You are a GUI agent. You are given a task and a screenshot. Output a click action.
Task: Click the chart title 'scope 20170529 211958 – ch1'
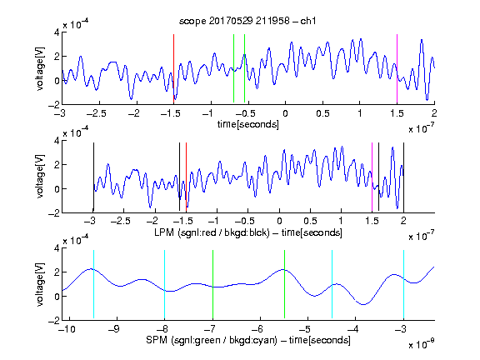247,21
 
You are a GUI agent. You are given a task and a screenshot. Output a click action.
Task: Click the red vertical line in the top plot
174,68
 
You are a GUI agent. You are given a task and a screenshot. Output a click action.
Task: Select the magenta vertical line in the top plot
397,68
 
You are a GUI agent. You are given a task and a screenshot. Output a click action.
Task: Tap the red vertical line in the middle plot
186,177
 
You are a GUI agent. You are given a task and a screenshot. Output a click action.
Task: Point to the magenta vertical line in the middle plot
372,177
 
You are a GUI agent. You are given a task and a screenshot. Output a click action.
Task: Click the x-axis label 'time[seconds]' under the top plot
248,124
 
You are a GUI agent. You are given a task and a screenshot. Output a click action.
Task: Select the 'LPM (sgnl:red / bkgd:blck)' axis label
212,232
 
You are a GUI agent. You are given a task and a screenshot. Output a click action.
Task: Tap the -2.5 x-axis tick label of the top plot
96,113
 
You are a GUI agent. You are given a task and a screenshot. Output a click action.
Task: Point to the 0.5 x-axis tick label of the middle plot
310,221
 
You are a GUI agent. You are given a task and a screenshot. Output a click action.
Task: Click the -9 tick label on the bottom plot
114,329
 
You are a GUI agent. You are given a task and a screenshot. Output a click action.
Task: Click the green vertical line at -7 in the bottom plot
212,284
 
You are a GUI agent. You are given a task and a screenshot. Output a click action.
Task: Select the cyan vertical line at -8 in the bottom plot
165,284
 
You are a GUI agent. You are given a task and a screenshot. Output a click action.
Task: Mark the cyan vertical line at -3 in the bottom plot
404,284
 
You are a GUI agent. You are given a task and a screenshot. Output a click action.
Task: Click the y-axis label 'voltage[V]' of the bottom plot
40,284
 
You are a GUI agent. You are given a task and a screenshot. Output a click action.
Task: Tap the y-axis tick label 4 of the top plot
57,32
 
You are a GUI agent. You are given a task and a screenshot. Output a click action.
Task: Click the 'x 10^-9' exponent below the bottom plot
422,344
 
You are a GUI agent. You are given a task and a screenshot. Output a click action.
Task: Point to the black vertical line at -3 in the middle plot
93,177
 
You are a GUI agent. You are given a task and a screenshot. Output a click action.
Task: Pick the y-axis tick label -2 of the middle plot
54,213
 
